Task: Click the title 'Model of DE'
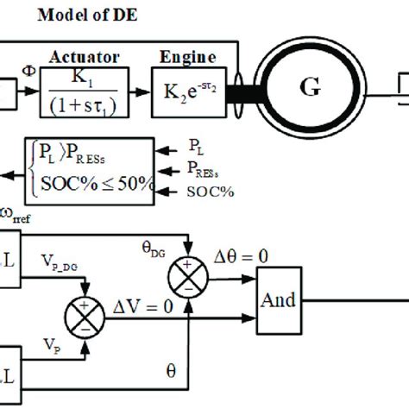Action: (76, 15)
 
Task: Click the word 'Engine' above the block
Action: (189, 57)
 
